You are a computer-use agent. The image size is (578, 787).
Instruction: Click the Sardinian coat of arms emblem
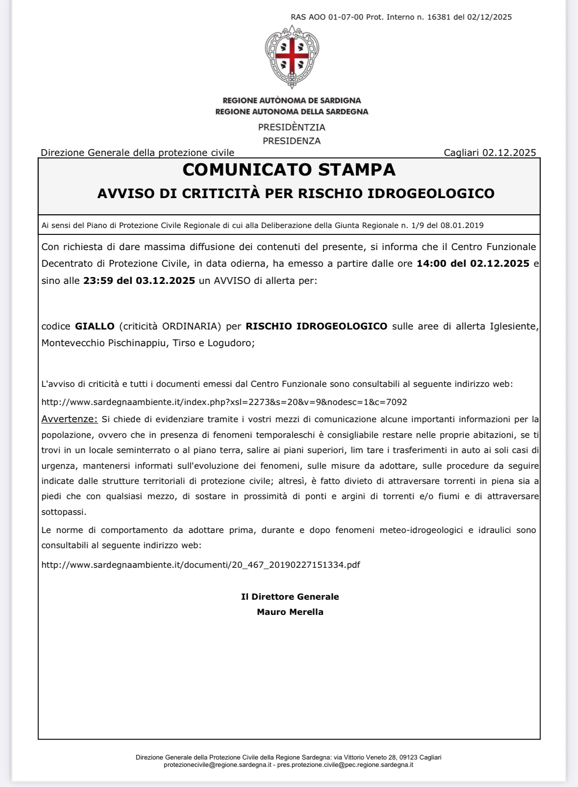(x=292, y=56)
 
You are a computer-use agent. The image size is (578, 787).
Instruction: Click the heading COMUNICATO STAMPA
(x=289, y=170)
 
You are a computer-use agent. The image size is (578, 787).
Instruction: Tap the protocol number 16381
(x=439, y=17)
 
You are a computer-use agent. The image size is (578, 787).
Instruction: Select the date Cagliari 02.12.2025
(x=490, y=152)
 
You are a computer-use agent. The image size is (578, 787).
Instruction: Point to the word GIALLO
(x=95, y=326)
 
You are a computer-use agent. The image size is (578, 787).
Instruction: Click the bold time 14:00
(x=431, y=263)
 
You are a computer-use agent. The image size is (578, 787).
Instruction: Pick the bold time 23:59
(x=98, y=280)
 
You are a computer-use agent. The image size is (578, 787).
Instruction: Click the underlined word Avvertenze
(x=69, y=419)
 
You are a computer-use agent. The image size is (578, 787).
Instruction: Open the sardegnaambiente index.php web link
(x=224, y=402)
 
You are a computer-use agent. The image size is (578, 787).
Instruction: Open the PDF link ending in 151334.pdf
(x=201, y=565)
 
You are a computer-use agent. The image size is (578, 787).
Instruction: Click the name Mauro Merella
(x=290, y=612)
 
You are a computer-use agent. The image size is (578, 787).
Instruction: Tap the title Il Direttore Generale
(x=290, y=597)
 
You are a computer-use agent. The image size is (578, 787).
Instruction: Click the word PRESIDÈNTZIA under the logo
(x=292, y=127)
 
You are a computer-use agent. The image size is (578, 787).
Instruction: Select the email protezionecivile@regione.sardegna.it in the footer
(x=218, y=764)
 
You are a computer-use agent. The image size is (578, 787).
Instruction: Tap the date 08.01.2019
(x=462, y=226)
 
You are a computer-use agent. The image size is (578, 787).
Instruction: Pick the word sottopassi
(x=63, y=512)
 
